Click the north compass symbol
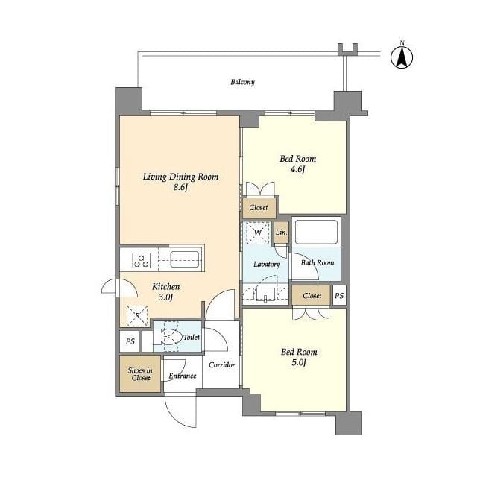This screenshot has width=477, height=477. point(402,57)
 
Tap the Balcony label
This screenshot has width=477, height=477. point(242,82)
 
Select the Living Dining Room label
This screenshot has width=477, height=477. point(180,177)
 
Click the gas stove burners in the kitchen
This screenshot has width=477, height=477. point(142,260)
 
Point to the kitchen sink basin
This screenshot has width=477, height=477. point(185,259)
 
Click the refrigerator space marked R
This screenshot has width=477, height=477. point(137,316)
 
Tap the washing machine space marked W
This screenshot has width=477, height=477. point(257,233)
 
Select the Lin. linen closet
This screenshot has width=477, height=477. point(281,232)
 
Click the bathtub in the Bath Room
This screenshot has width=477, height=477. point(316,232)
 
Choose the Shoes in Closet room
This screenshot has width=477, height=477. point(140,374)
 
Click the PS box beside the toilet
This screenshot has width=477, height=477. point(130,341)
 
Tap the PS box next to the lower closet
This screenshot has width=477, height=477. point(339,295)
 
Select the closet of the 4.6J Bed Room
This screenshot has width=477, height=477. point(259,207)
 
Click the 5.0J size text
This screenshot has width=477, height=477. point(298,363)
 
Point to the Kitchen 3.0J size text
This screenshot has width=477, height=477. point(165,297)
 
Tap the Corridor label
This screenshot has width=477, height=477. point(222,364)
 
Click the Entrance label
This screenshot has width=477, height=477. point(182,376)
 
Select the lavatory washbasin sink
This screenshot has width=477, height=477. point(265,294)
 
